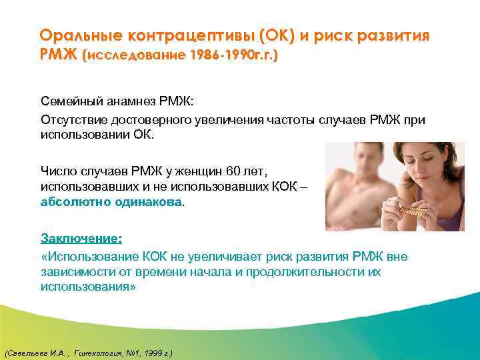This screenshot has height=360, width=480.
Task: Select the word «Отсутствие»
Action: coord(71,120)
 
